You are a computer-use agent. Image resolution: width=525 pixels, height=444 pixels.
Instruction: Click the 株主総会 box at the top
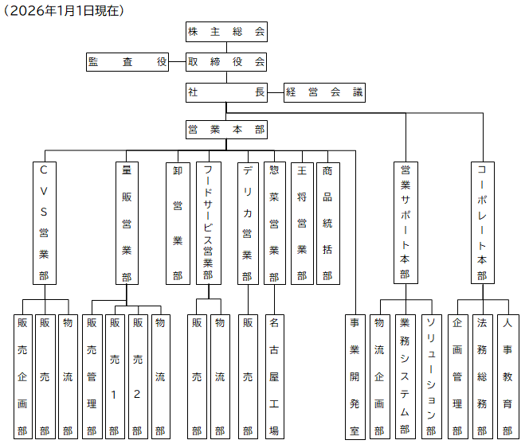point(226,33)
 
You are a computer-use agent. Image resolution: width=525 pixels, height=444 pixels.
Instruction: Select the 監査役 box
point(127,61)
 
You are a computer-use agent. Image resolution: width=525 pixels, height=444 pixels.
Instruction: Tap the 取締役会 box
point(226,61)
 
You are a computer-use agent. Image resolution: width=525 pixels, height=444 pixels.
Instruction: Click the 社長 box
point(226,92)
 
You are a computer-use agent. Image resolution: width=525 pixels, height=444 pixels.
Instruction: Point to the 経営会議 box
point(324,92)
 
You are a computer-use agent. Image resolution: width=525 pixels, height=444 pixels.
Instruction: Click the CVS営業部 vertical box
point(44,223)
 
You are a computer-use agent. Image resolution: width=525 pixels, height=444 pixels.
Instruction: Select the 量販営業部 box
point(126,223)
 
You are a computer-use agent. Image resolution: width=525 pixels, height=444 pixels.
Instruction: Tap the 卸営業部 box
point(177,223)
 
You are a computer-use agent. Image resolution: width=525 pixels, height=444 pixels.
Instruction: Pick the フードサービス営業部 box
point(208,223)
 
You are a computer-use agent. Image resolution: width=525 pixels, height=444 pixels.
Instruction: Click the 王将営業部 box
point(301,223)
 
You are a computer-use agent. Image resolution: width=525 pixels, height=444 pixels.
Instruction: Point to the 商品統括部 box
point(327,223)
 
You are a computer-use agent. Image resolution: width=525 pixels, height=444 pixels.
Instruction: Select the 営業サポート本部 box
point(405,223)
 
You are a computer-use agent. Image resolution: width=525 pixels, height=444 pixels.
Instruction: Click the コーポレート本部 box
point(482,223)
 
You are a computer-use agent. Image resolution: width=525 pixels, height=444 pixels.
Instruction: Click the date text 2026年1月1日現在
point(65,10)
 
